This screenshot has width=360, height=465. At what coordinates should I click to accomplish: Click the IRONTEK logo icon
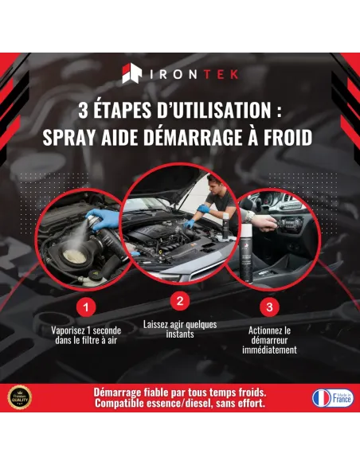[132, 74]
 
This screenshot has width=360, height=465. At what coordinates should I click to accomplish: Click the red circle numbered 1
[88, 306]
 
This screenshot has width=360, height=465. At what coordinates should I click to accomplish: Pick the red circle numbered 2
[179, 301]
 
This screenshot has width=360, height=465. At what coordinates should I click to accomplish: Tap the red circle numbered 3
[269, 306]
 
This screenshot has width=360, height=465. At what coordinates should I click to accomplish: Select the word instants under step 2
[179, 334]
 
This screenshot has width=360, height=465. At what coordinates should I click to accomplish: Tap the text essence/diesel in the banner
[166, 404]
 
